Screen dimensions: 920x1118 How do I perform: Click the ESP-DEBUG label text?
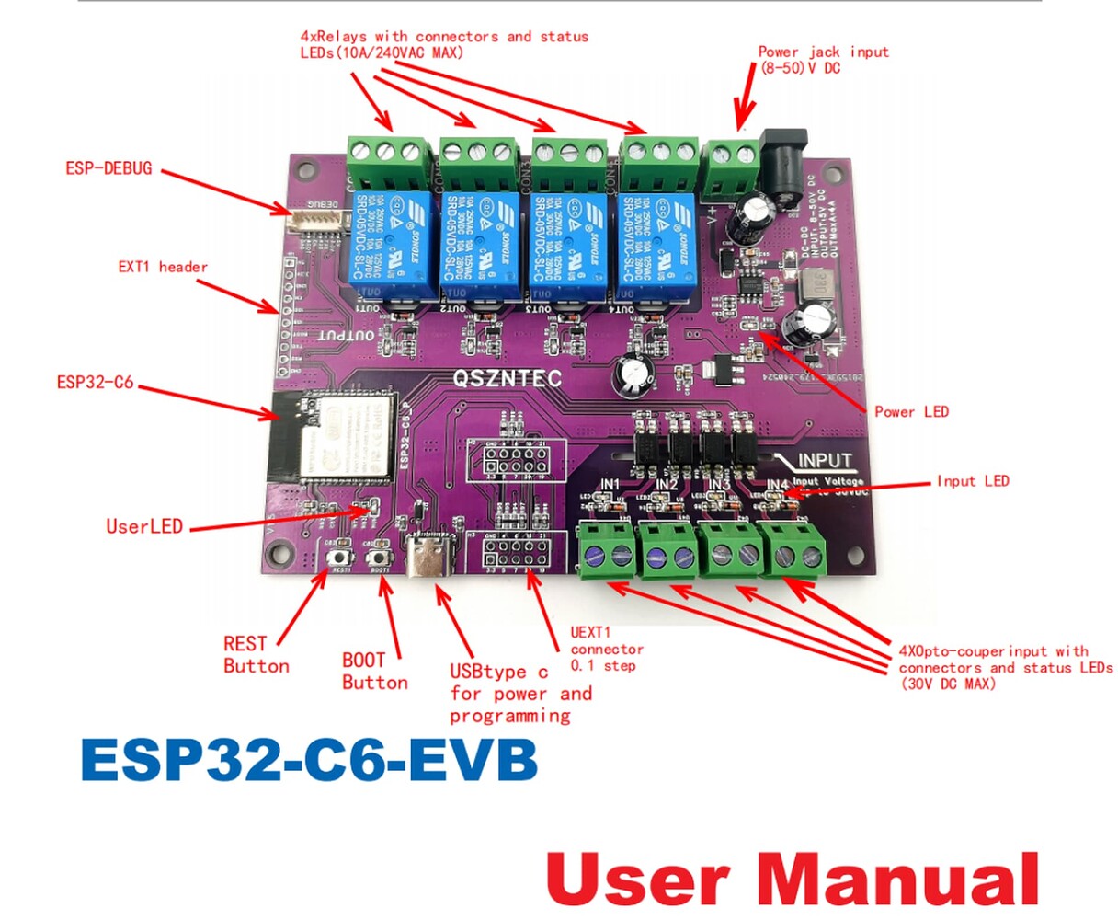coord(108,168)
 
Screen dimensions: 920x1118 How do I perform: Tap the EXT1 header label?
coord(163,267)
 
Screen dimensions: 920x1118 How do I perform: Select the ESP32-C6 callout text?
coord(95,382)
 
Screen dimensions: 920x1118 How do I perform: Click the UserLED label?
coord(144,526)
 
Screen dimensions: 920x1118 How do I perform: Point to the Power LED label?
coord(910,411)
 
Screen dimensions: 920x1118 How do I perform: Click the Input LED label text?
coord(973,480)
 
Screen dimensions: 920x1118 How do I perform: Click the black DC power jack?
coord(784,166)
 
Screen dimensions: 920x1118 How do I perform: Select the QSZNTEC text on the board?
coord(507,378)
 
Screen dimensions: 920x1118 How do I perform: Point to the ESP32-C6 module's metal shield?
coord(349,439)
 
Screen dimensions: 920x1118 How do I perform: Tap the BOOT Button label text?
coord(374,671)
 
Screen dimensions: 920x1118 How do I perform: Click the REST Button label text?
coord(256,654)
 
